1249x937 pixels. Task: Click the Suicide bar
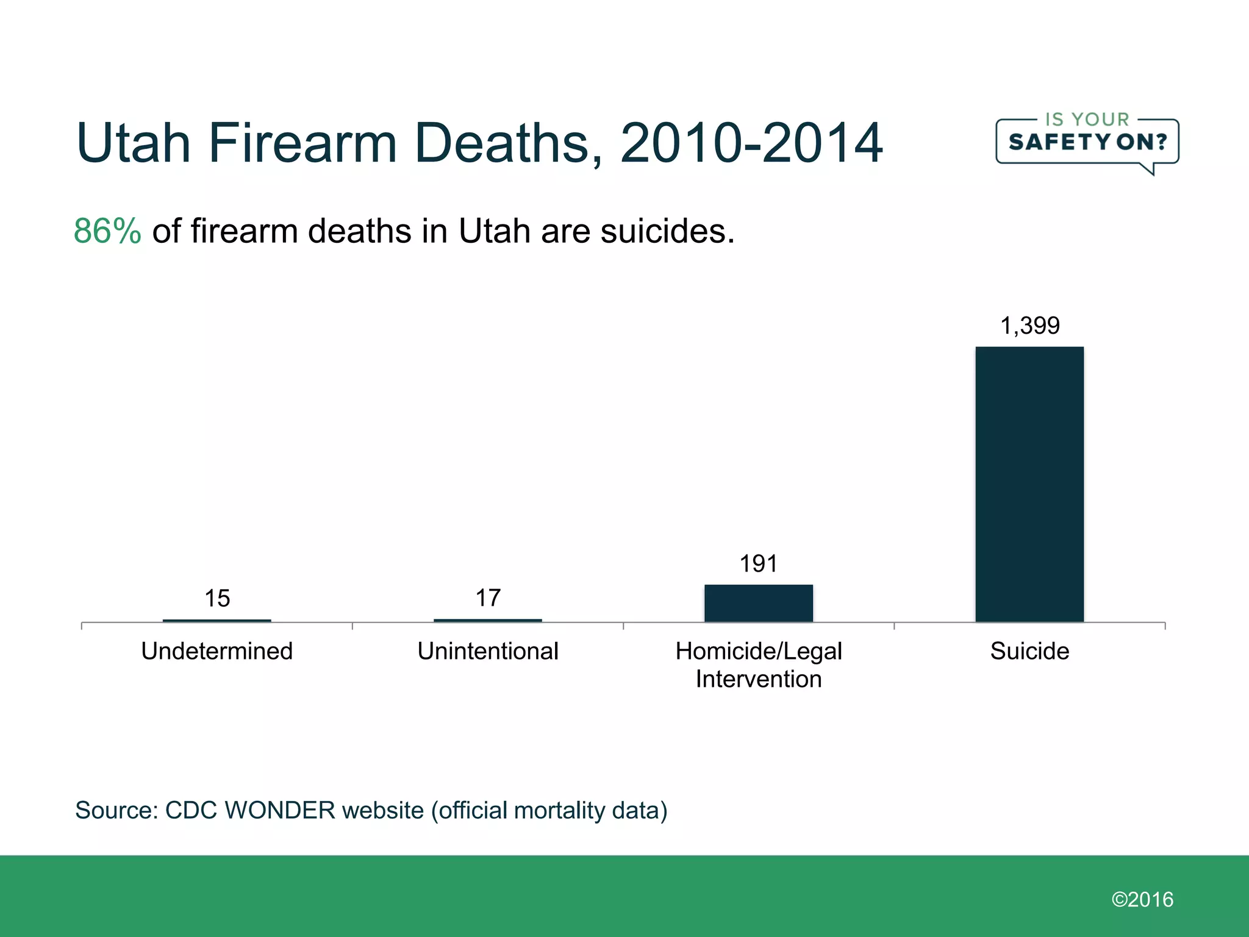pyautogui.click(x=1029, y=484)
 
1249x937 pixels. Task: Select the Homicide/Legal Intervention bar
pyautogui.click(x=758, y=603)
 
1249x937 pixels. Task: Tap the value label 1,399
pyautogui.click(x=1029, y=326)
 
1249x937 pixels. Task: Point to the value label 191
pyautogui.click(x=758, y=564)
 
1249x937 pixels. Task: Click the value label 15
pyautogui.click(x=217, y=598)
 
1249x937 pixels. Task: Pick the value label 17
pyautogui.click(x=488, y=598)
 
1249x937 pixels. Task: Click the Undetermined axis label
pyautogui.click(x=217, y=651)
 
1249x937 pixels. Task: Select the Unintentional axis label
pyautogui.click(x=488, y=651)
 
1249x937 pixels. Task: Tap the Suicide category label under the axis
pyautogui.click(x=1029, y=651)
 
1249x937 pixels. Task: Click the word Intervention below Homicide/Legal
pyautogui.click(x=758, y=679)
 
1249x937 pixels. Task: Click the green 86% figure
pyautogui.click(x=107, y=231)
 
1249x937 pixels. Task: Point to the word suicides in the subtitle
pyautogui.click(x=667, y=231)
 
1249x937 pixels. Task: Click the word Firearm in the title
pyautogui.click(x=303, y=143)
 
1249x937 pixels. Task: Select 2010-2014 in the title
pyautogui.click(x=751, y=143)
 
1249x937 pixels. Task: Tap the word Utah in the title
pyautogui.click(x=133, y=143)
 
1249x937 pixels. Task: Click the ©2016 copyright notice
pyautogui.click(x=1142, y=899)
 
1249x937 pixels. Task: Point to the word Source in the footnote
pyautogui.click(x=116, y=810)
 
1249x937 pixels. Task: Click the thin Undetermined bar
pyautogui.click(x=217, y=620)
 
